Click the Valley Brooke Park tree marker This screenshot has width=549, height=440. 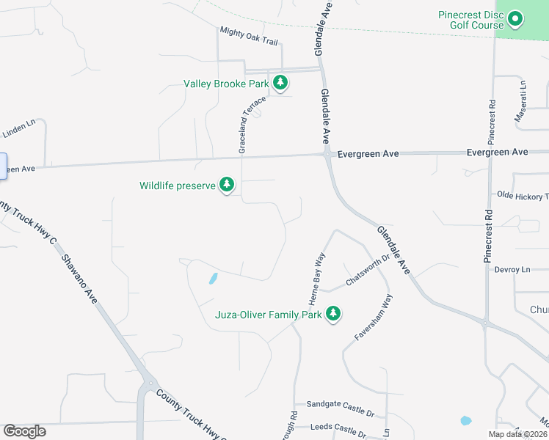pyautogui.click(x=280, y=84)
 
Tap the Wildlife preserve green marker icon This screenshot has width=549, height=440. pyautogui.click(x=227, y=185)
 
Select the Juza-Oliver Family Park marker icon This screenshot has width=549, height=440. pyautogui.click(x=333, y=314)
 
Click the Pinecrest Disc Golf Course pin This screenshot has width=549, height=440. pyautogui.click(x=515, y=19)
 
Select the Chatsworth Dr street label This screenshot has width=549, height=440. pyautogui.click(x=367, y=272)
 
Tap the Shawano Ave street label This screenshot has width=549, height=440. pyautogui.click(x=80, y=280)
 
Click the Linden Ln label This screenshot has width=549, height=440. pyautogui.click(x=18, y=131)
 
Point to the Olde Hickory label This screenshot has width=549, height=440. pyautogui.click(x=522, y=196)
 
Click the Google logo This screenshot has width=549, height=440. pyautogui.click(x=24, y=431)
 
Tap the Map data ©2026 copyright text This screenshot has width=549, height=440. pyautogui.click(x=518, y=434)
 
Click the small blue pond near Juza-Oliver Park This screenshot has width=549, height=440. pyautogui.click(x=213, y=279)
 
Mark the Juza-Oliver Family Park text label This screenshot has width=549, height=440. pyautogui.click(x=269, y=315)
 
